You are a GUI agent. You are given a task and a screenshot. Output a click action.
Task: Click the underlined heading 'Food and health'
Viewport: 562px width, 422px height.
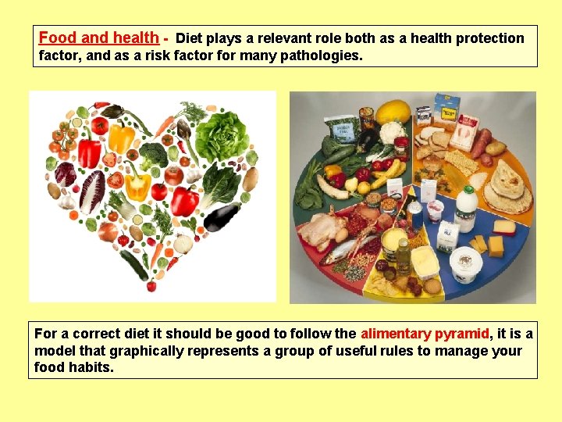[x=98, y=38]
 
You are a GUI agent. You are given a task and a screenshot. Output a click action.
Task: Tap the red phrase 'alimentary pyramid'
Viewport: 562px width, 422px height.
[x=425, y=334]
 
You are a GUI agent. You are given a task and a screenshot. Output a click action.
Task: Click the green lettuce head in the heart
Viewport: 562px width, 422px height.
[x=222, y=135]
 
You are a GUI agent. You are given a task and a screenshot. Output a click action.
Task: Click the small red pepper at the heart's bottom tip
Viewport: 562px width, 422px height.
[x=151, y=286]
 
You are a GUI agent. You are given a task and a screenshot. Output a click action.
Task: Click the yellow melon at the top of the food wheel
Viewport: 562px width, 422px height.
[x=392, y=112]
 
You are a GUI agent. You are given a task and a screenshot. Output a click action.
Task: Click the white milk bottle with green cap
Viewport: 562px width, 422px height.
[x=466, y=206]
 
